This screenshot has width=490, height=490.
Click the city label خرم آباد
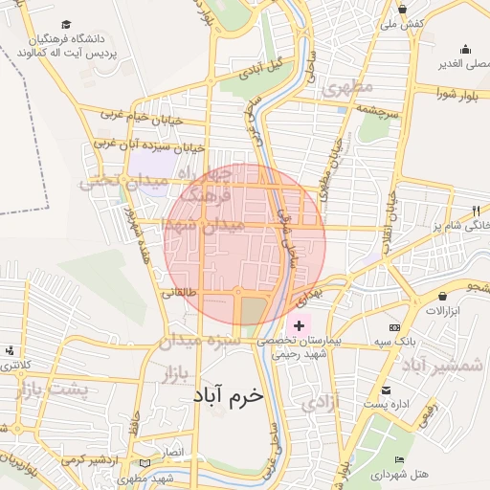[227, 393]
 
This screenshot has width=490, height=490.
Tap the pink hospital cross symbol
[299, 326]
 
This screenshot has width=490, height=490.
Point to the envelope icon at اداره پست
[386, 390]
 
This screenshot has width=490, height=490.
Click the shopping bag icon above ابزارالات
[443, 297]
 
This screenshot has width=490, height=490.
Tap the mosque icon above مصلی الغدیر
[466, 50]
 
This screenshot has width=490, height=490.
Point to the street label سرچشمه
[376, 110]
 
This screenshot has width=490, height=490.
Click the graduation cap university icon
[65, 24]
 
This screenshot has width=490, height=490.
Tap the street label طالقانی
[179, 294]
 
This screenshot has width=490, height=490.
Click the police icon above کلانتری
[10, 351]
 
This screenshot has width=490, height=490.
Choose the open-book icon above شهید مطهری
[145, 464]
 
